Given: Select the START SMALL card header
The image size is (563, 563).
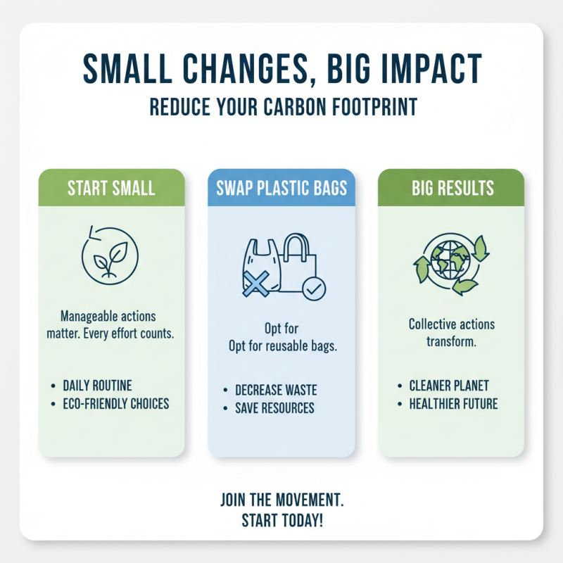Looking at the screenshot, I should click(x=111, y=188).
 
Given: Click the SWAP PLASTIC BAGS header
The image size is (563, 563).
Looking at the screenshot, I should click(x=281, y=188).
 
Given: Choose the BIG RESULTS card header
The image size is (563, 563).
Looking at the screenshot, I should click(x=451, y=188).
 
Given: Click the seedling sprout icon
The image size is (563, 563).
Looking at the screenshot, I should click(x=111, y=258).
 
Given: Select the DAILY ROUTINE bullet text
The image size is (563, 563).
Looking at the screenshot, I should click(x=97, y=386).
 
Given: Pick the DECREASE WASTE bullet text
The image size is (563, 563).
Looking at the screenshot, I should click(x=276, y=390).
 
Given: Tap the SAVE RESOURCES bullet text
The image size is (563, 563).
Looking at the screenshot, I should click(x=274, y=408).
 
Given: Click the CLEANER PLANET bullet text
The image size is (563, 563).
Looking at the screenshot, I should click(x=449, y=386).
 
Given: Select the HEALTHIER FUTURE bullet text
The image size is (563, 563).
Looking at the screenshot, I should click(x=453, y=404).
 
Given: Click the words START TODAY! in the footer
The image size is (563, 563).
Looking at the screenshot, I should click(x=281, y=522).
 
